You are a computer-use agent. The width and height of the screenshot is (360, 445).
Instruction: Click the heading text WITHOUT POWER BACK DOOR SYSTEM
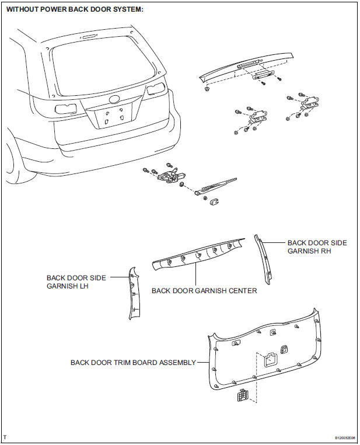point(75,10)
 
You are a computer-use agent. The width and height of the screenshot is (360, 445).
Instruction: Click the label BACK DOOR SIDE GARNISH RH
point(317,246)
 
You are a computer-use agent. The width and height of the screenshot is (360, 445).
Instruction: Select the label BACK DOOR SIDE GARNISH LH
point(76,282)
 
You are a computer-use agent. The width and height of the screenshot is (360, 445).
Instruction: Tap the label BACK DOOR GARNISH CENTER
point(204,290)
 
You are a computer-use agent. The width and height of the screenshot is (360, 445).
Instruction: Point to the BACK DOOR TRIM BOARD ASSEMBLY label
point(133,363)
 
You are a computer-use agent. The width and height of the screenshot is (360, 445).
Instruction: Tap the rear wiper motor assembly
point(169,176)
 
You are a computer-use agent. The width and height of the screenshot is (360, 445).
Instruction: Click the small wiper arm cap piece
point(214,201)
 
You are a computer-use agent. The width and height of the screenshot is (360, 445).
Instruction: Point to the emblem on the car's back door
point(113,100)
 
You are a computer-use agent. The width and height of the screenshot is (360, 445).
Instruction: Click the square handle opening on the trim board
point(270,360)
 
